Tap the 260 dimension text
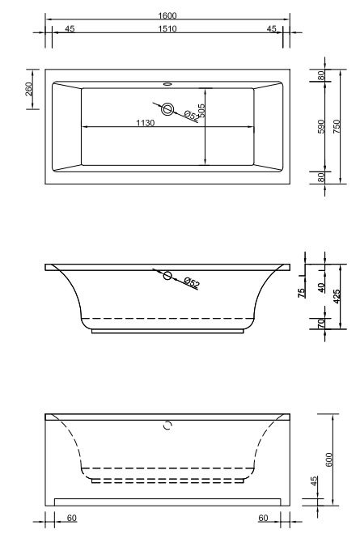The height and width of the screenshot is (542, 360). point(29,89)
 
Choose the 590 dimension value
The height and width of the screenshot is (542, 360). point(321,126)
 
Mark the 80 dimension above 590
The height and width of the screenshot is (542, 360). point(321,75)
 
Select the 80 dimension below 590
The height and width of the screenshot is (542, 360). point(321,177)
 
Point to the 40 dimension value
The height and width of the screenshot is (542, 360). point(321,286)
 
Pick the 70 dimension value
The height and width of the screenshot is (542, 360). point(321,324)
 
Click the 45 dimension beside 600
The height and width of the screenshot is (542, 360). point(315,483)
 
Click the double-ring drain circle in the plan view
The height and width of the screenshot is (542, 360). point(168,109)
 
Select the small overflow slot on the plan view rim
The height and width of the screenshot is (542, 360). point(168,82)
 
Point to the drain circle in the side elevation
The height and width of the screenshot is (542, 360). point(167,276)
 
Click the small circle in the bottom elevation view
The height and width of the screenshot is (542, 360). point(168,425)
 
